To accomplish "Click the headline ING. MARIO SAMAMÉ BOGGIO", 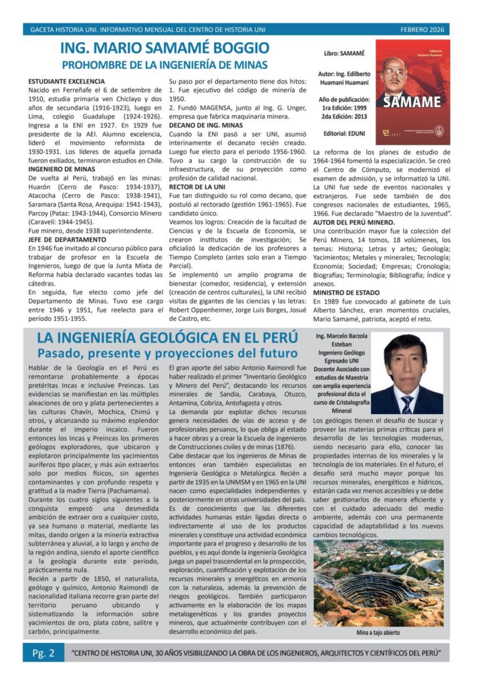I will click(164, 48).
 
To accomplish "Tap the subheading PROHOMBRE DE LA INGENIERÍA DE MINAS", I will click(164, 65).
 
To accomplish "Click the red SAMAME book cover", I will click(409, 92).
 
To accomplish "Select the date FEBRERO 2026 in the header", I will click(422, 29).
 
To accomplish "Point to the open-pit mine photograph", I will click(378, 583).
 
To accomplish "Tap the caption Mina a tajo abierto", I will click(378, 631).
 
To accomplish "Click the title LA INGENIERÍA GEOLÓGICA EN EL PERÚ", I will click(167, 338).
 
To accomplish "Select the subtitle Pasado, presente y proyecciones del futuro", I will click(167, 353).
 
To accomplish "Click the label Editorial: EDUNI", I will click(342, 133).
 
